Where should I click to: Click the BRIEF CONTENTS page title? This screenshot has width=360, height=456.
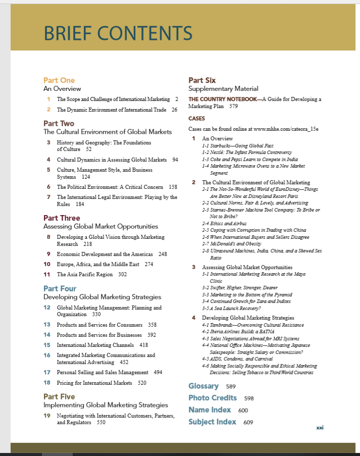pyautogui.click(x=118, y=33)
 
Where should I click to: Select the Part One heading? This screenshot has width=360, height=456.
pyautogui.click(x=59, y=80)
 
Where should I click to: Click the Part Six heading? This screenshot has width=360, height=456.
pyautogui.click(x=202, y=80)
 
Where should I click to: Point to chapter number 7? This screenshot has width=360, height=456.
pyautogui.click(x=48, y=197)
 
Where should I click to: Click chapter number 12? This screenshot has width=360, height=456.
pyautogui.click(x=47, y=307)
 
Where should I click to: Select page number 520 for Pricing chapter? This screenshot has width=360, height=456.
pyautogui.click(x=142, y=383)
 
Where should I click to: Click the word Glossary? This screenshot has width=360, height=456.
pyautogui.click(x=203, y=386)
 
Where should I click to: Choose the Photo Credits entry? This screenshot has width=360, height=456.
pyautogui.click(x=213, y=398)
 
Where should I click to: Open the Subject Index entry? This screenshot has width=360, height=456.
pyautogui.click(x=212, y=422)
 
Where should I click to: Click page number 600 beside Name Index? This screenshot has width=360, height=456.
pyautogui.click(x=243, y=410)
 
